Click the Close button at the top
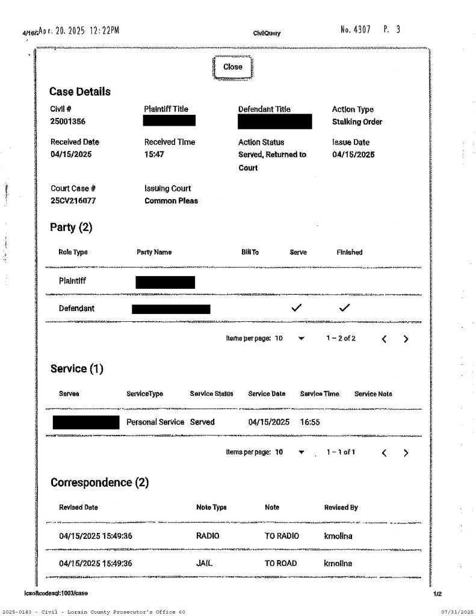click(232, 67)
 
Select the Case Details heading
click(80, 92)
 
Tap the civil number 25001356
click(67, 122)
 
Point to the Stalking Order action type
click(357, 122)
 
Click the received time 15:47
click(155, 154)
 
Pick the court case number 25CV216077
click(73, 201)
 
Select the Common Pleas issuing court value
click(171, 201)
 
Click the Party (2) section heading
click(71, 227)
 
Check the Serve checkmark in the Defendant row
click(296, 308)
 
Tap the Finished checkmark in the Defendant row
click(344, 308)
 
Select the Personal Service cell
click(155, 422)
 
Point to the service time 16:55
click(310, 422)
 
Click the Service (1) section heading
click(77, 369)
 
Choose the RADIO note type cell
click(208, 536)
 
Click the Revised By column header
click(341, 507)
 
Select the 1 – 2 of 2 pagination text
click(341, 338)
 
